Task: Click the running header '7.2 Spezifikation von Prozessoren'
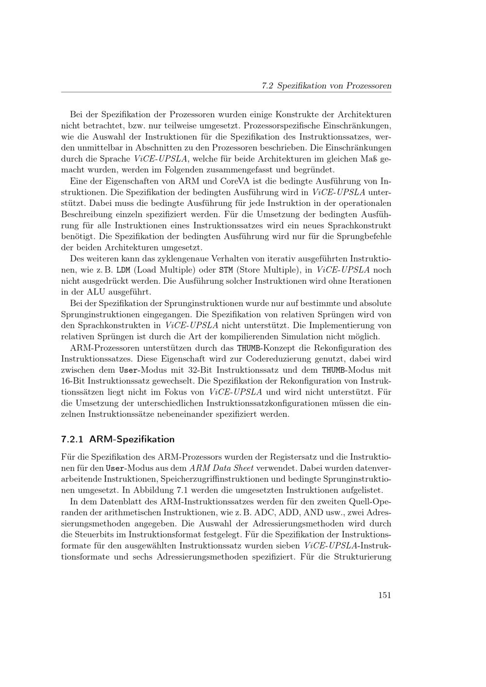[x=326, y=86]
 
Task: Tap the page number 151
[x=384, y=595]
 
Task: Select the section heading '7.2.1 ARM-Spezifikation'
[x=118, y=439]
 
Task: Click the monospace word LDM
[x=124, y=270]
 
